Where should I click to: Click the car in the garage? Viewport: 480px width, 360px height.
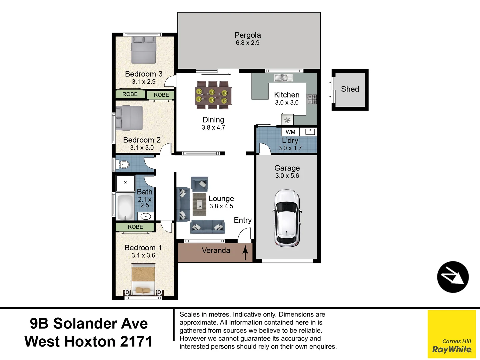click(x=287, y=218)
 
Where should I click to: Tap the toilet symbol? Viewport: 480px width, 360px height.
click(x=124, y=164)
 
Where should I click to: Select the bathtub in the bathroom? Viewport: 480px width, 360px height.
click(x=125, y=206)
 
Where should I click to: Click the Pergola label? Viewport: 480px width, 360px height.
click(x=248, y=35)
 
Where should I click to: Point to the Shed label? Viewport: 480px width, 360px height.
click(x=350, y=89)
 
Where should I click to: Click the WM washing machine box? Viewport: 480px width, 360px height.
click(x=290, y=132)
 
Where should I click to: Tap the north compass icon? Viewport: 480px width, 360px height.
click(x=453, y=277)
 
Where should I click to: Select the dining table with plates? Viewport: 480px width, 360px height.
click(x=213, y=95)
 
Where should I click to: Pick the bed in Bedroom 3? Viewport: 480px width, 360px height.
click(x=144, y=50)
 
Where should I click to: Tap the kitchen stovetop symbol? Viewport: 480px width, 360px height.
click(x=312, y=99)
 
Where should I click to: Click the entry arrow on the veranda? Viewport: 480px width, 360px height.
click(x=245, y=252)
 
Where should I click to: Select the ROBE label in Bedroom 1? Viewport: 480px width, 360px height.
click(x=135, y=227)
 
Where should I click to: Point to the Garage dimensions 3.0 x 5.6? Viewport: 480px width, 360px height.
click(x=287, y=176)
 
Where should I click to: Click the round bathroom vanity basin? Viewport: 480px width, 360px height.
click(x=146, y=216)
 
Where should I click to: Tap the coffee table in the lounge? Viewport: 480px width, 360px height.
click(x=199, y=204)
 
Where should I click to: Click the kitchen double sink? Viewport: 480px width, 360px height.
click(x=283, y=78)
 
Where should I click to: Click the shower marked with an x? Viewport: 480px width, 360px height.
click(x=125, y=183)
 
